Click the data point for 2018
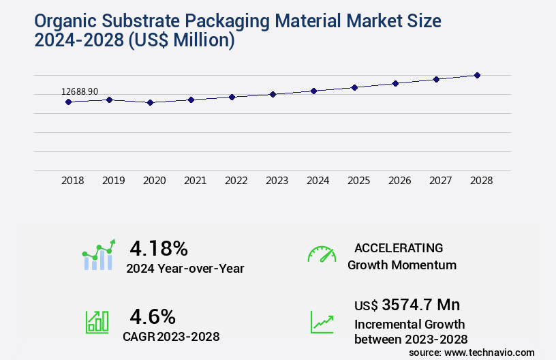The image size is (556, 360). pos(68,102)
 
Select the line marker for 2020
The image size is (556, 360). pos(151,103)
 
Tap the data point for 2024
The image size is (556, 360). pos(314,91)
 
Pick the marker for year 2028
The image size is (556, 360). pos(478,75)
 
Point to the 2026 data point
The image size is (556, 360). pos(396,83)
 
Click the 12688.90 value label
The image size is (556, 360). pos(80,91)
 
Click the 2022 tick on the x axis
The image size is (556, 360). pos(236,181)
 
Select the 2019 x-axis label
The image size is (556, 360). pos(114,181)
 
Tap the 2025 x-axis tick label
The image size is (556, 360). pos(359,181)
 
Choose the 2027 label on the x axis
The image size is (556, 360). pos(441,181)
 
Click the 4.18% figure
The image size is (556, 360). pos(159,247)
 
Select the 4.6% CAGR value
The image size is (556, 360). pos(153,316)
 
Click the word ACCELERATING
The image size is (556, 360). pos(399,247)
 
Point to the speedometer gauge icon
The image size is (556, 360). pos(322,254)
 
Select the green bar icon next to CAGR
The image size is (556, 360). pos(97,322)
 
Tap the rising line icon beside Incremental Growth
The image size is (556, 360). pos(322,322)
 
